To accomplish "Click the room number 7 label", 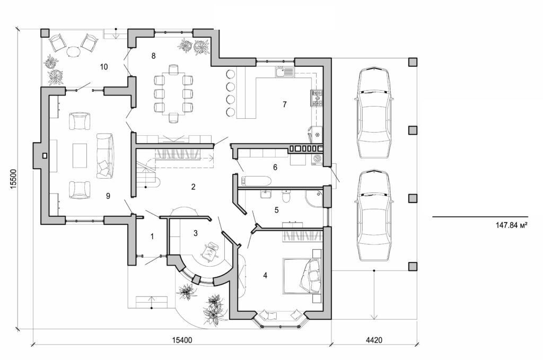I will pos(284,104).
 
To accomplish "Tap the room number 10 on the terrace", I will pos(104,67).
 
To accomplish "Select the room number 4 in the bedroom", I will pos(265,275).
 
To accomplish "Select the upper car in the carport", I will pos(374,113).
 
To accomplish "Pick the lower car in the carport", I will pos(374,215).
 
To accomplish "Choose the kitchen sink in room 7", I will pos(284,71).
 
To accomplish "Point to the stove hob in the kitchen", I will pos(317,98).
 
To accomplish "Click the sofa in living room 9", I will pos(104,155).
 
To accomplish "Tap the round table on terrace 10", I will pos(74,52).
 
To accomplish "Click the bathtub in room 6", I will pos(254,181).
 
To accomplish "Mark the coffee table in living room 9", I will pos(80,155).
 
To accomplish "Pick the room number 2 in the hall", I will pos(194,187).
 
